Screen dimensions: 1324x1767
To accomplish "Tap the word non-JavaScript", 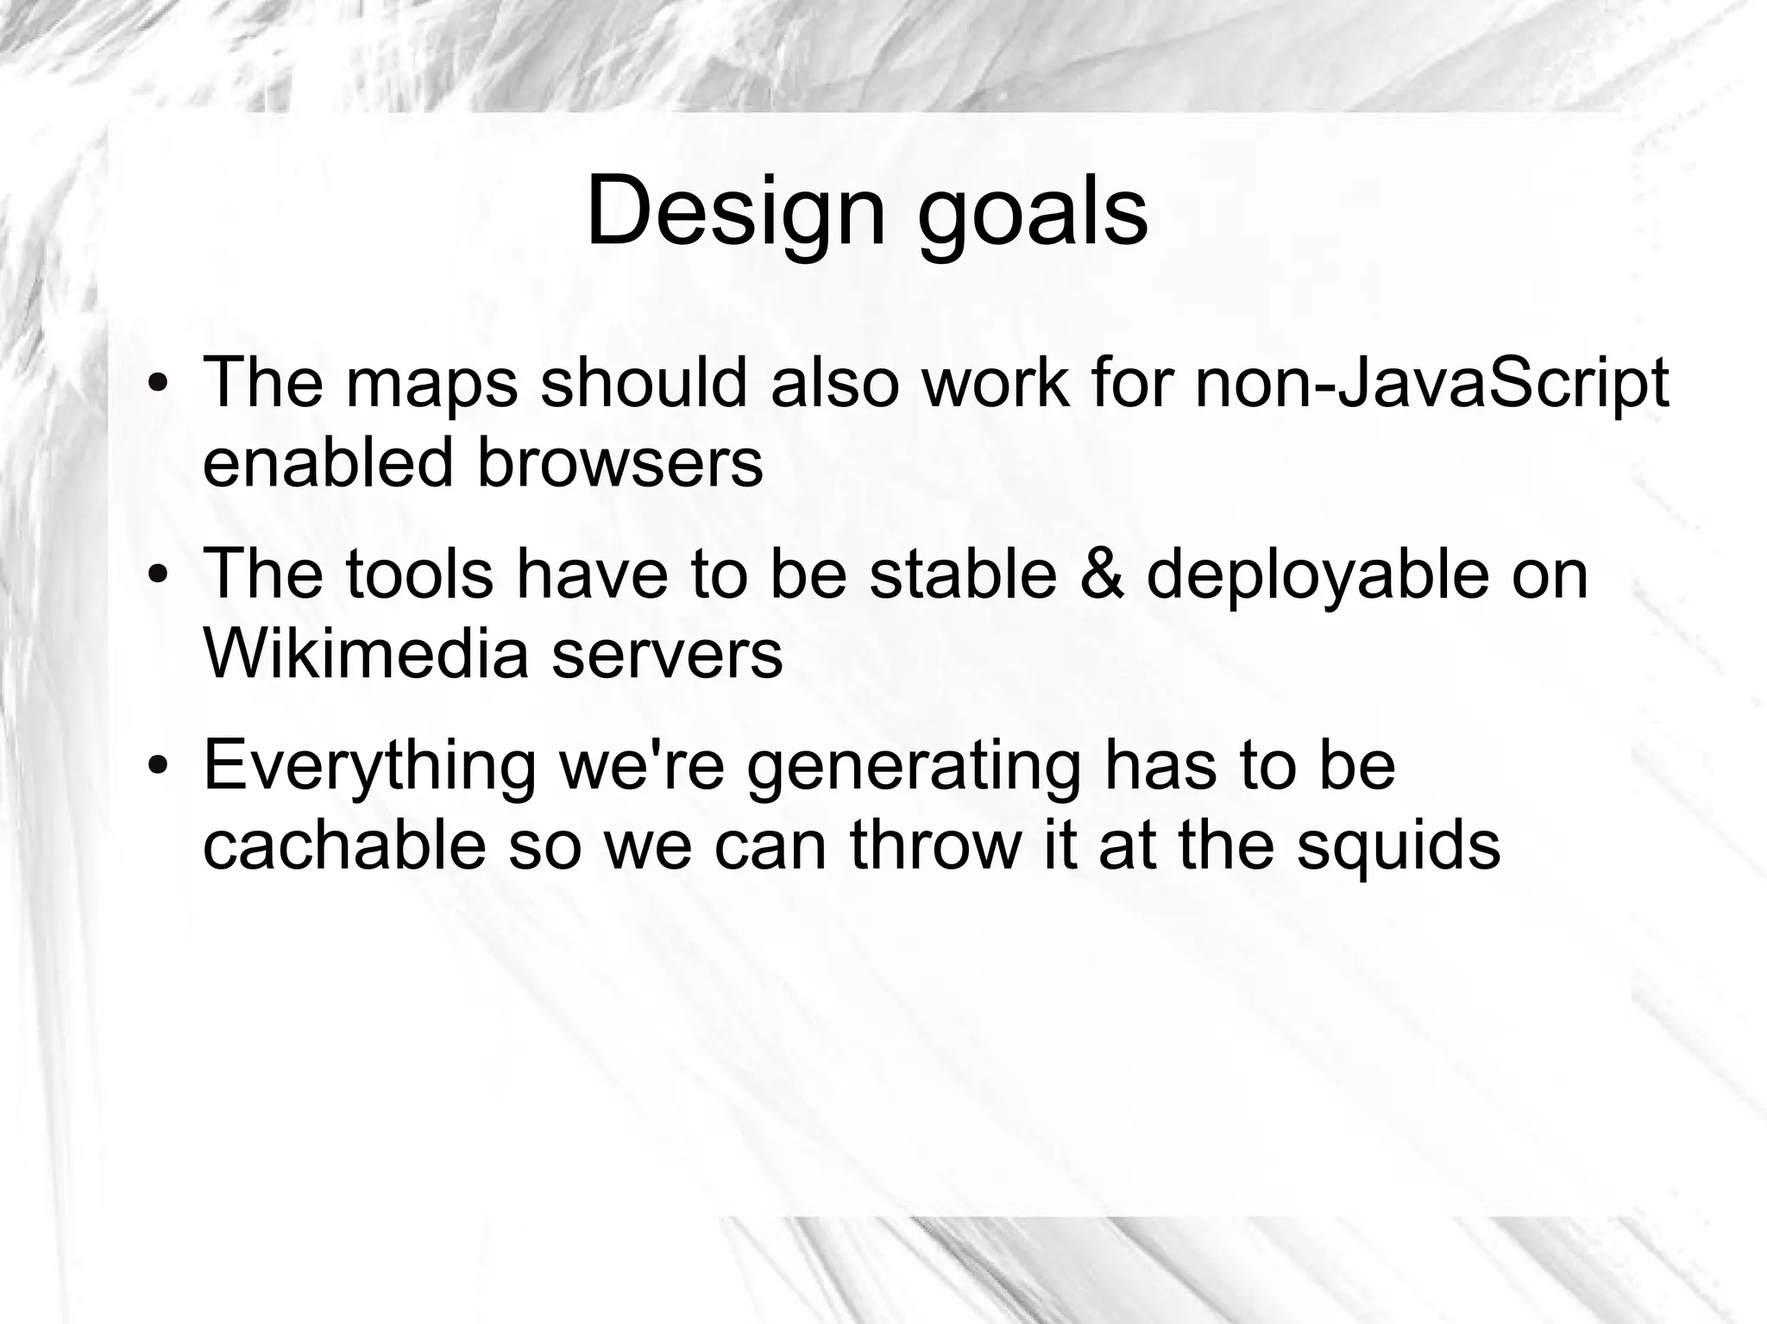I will coord(1431,384).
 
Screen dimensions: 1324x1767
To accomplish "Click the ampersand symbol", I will coord(1102,574).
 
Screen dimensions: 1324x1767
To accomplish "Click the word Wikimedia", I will coord(365,654).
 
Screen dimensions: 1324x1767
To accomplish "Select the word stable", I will coord(963,574).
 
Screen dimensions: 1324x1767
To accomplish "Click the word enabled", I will coord(327,462).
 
